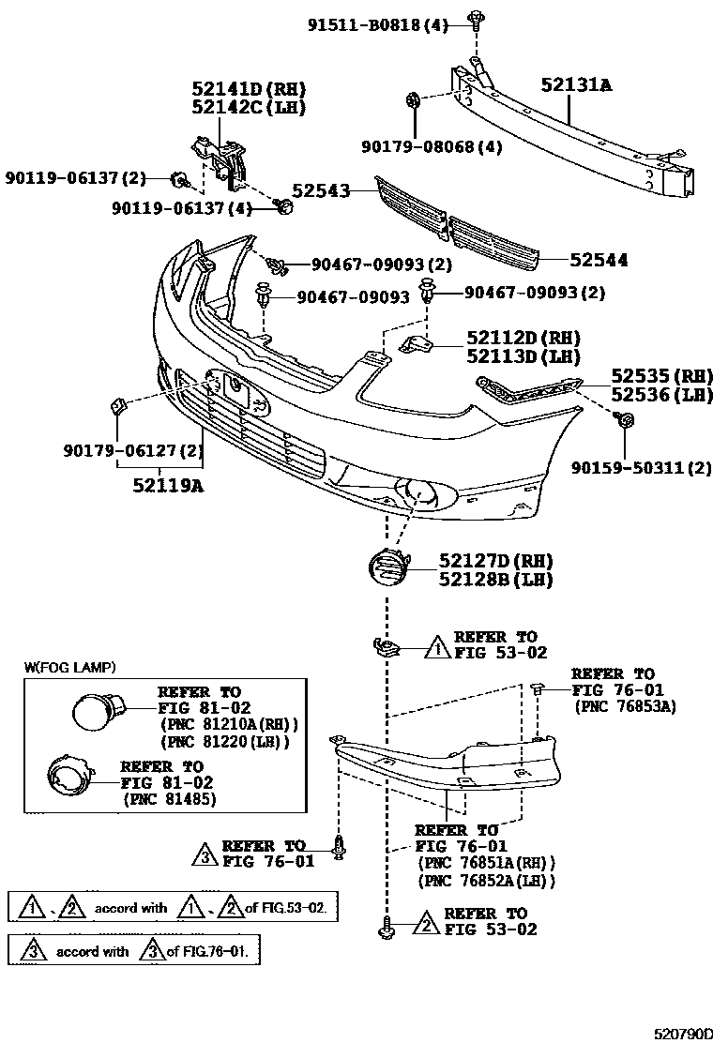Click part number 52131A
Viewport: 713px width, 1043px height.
(575, 84)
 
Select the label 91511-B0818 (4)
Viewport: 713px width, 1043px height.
(378, 25)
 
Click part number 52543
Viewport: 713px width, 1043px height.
(320, 190)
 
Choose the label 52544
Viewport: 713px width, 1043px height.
(598, 260)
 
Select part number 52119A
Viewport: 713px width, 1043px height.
(167, 485)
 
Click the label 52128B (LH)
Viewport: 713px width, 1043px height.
(495, 580)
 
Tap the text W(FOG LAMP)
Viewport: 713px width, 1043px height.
(69, 668)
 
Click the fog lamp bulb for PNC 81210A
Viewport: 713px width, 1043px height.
(96, 712)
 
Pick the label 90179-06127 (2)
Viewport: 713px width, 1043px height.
(133, 451)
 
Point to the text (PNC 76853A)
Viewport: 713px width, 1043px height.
(625, 706)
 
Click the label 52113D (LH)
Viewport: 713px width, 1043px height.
(523, 356)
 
